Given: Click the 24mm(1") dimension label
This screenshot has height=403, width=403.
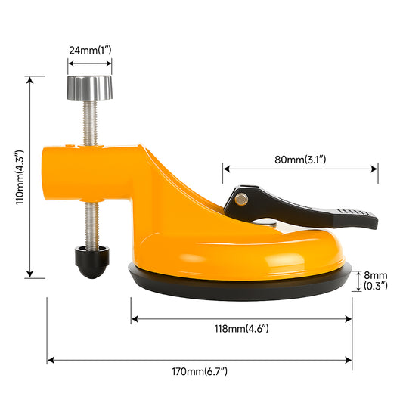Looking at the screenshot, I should [x=90, y=50].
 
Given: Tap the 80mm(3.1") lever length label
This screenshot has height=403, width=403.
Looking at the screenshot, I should [x=299, y=160].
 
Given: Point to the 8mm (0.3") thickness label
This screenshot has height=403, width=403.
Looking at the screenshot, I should [x=375, y=281].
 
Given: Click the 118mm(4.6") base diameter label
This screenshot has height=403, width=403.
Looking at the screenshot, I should [x=240, y=329].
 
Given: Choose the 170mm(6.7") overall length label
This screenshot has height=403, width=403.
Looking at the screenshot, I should [x=200, y=370].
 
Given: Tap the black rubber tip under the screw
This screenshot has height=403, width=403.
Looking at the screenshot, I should [x=91, y=262].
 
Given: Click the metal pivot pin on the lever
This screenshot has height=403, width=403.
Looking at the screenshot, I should [x=240, y=199].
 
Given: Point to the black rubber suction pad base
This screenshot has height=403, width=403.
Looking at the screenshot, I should [x=240, y=286].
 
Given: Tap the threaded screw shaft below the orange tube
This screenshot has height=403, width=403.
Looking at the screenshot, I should [x=91, y=223].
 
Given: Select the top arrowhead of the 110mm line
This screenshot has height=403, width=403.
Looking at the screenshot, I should [x=30, y=78].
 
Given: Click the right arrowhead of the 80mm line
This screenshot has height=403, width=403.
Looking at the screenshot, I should [x=376, y=169].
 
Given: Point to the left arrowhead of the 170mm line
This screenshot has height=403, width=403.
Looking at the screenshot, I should [x=49, y=360].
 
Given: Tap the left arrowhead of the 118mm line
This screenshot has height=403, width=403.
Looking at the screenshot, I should [x=133, y=319].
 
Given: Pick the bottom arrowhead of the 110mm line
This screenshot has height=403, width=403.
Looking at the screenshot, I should [x=30, y=277].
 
